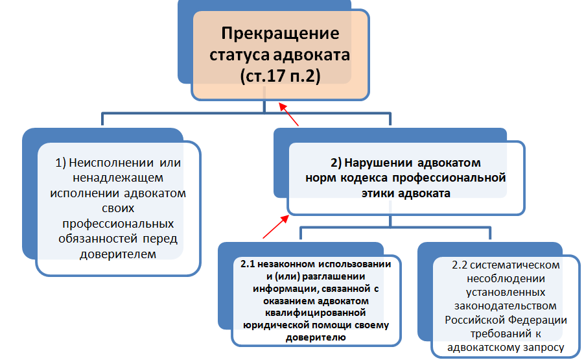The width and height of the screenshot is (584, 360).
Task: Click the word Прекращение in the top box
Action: [280, 34]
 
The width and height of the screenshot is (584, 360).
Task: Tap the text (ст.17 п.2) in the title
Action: [280, 76]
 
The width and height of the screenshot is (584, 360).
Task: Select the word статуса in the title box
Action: [239, 55]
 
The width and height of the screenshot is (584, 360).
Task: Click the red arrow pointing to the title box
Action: [288, 114]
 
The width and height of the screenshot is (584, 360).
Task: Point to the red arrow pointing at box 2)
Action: [275, 226]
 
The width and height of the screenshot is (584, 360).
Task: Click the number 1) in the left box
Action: [61, 163]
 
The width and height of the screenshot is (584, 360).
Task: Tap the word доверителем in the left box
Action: [118, 254]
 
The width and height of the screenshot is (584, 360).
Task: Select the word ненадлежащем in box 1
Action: [118, 178]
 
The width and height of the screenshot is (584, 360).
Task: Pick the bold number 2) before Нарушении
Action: [336, 163]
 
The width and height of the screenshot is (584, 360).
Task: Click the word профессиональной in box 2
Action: [449, 178]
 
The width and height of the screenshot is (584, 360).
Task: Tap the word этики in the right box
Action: [378, 193]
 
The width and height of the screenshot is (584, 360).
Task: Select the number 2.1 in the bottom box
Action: [248, 264]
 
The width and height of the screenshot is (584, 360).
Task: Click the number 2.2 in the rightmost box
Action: [460, 265]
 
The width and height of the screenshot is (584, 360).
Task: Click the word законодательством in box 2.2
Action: [506, 306]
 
